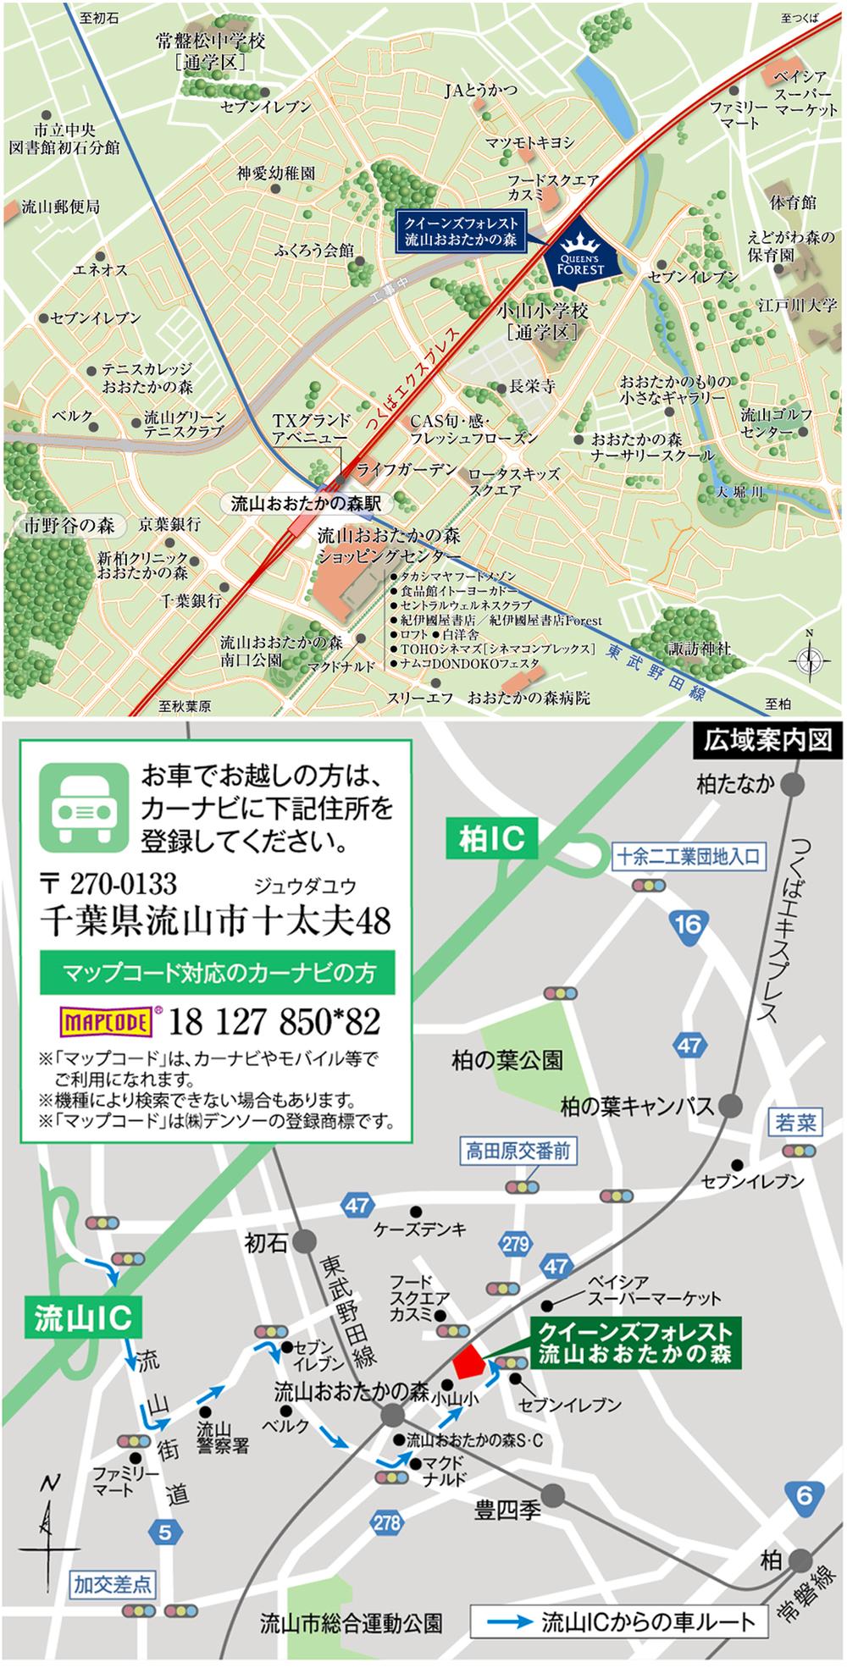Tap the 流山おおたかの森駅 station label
pos(306,504)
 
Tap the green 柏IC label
pos(492,839)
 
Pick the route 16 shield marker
pos(688,923)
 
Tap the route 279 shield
pos(515,1244)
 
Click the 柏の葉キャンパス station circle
pos(730,1106)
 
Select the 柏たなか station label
pos(735,784)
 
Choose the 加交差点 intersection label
pos(113,1583)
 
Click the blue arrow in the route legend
pos(512,1623)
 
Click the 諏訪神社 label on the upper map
pos(699,649)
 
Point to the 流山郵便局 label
pos(60,207)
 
